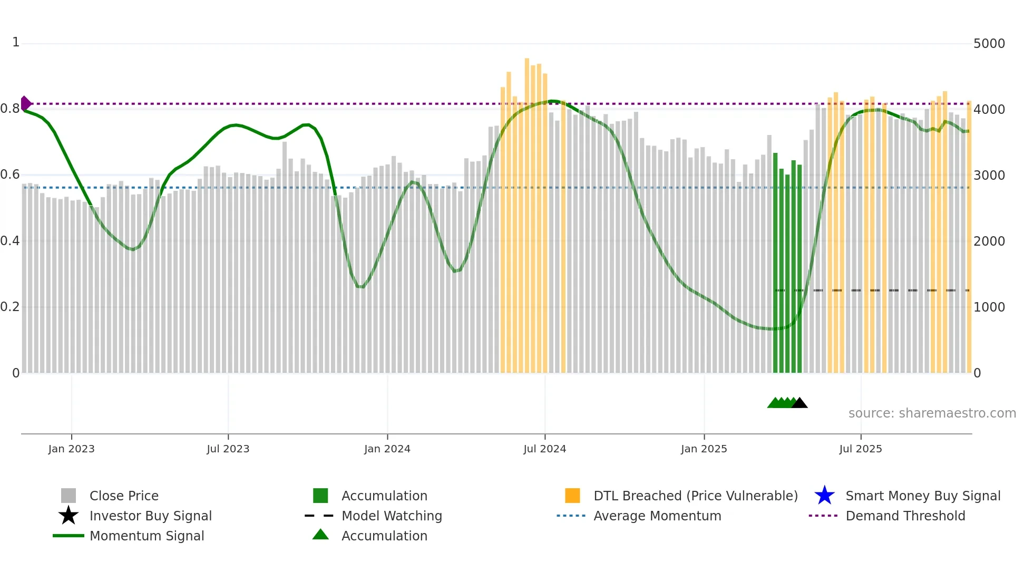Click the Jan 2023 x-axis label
[71, 449]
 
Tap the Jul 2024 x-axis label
[544, 449]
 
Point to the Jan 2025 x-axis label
[704, 449]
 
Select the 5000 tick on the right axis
[989, 44]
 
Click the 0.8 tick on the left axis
[10, 109]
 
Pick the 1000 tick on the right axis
[989, 307]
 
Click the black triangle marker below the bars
[800, 403]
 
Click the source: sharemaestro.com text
[932, 413]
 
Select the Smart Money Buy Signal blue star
[824, 496]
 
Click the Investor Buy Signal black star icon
[69, 516]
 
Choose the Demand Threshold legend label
[905, 516]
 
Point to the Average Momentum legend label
[657, 516]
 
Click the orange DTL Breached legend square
[572, 496]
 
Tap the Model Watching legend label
[391, 516]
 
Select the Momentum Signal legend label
[147, 536]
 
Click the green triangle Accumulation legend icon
[320, 535]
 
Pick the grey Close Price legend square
[69, 496]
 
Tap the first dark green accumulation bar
[775, 264]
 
